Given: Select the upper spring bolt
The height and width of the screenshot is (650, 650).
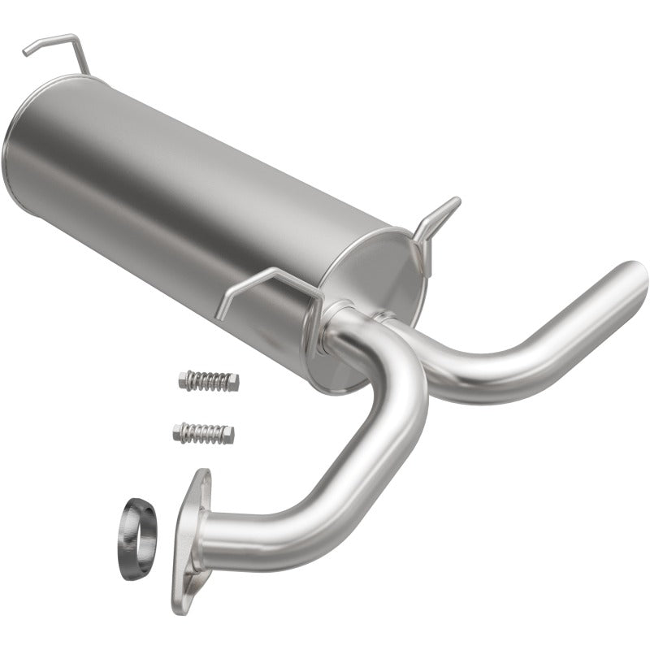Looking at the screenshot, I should (x=208, y=380).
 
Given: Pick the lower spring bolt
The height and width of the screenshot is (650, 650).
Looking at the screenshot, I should (x=203, y=432).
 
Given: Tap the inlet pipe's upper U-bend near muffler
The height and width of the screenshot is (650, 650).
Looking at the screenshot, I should (x=398, y=357).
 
